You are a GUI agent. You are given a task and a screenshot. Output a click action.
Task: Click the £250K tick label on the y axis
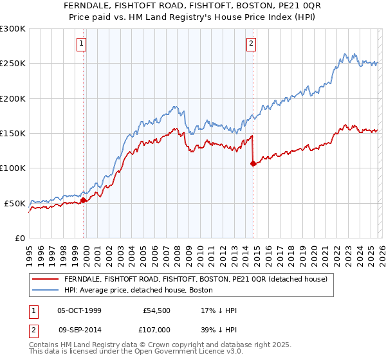point(13,64)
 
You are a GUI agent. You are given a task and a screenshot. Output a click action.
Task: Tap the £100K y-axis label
point(13,168)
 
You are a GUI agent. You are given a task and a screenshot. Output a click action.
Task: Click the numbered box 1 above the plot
point(82,44)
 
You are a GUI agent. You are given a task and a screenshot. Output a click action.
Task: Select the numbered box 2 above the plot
point(250,44)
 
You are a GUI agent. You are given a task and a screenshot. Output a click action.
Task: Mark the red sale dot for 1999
point(84,200)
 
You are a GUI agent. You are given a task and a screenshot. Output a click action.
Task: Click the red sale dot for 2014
point(253,164)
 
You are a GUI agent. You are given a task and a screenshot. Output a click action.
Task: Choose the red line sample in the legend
point(45,279)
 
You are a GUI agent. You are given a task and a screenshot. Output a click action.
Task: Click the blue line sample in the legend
point(45,290)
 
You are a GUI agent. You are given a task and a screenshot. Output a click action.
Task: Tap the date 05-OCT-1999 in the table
point(79,310)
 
